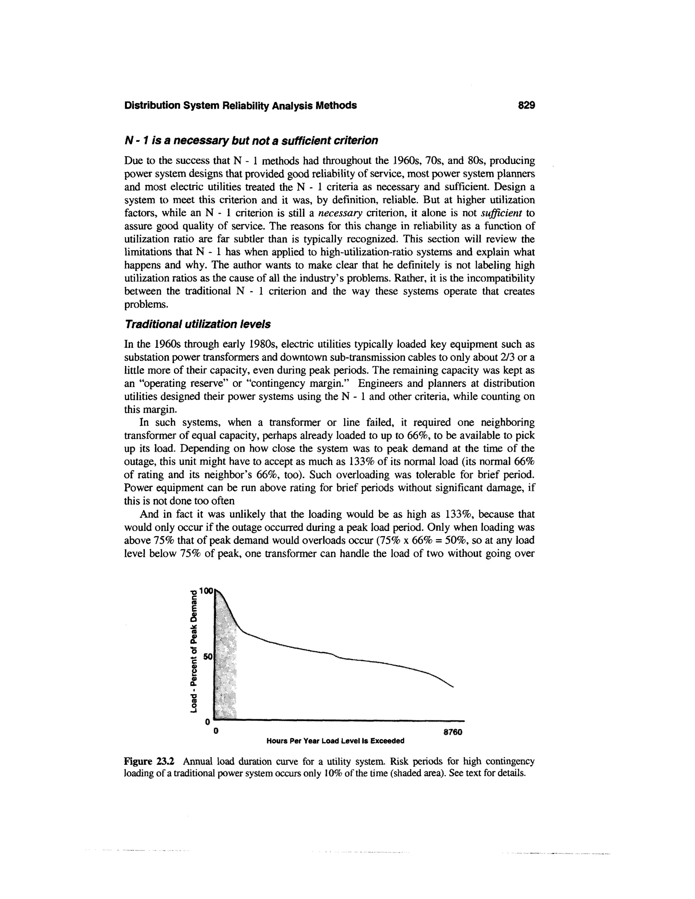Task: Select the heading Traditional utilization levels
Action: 197,324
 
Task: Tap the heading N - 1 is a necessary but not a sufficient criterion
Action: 251,141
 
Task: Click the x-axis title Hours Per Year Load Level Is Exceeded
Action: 335,741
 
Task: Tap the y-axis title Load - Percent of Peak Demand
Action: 193,651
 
